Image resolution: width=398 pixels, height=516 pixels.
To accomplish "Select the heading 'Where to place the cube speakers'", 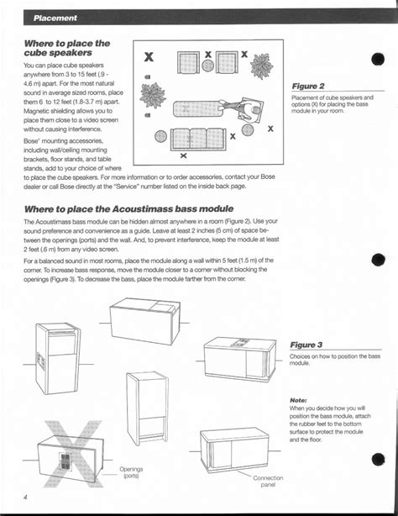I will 67,48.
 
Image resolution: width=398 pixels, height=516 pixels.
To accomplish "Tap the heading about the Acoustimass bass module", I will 128,208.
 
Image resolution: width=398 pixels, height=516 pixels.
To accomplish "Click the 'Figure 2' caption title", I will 308,87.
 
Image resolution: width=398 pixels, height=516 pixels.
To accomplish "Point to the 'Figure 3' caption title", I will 307,345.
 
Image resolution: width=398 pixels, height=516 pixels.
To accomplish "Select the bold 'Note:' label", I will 298,400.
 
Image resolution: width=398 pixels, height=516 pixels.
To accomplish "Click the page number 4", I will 26,498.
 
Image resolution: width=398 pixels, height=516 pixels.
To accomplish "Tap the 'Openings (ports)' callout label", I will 130,473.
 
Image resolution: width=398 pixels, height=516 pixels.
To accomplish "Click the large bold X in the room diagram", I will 149,58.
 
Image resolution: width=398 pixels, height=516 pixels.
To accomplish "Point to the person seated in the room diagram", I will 249,108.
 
